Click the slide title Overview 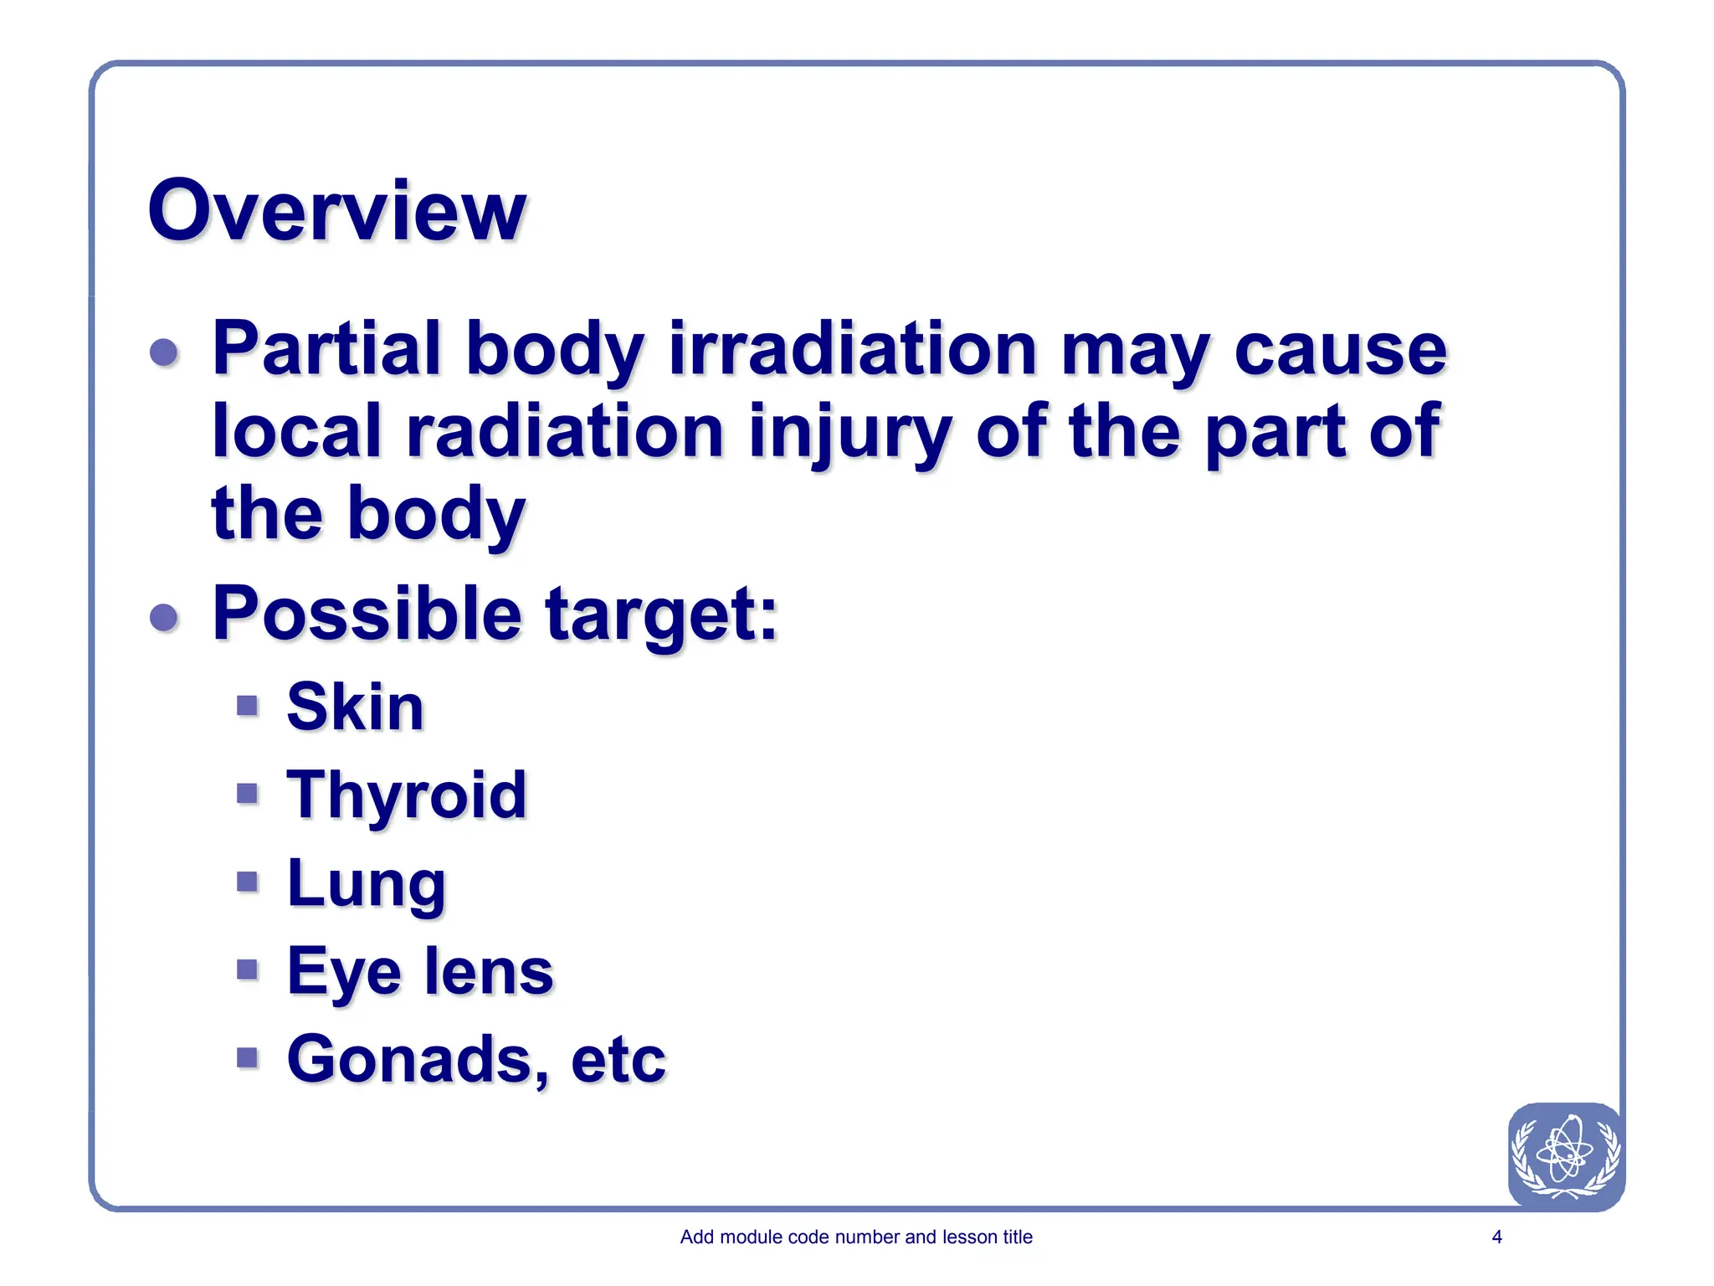coord(336,211)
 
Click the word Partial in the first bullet coord(326,348)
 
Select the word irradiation coord(853,348)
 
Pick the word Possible coord(367,614)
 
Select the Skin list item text coord(355,707)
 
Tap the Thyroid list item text coord(407,795)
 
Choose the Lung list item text coord(366,884)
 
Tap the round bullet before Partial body coord(164,352)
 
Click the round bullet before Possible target coord(164,618)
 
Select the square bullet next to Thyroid coord(247,793)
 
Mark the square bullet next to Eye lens coord(247,970)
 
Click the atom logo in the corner coord(1565,1155)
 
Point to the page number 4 coord(1496,1237)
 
